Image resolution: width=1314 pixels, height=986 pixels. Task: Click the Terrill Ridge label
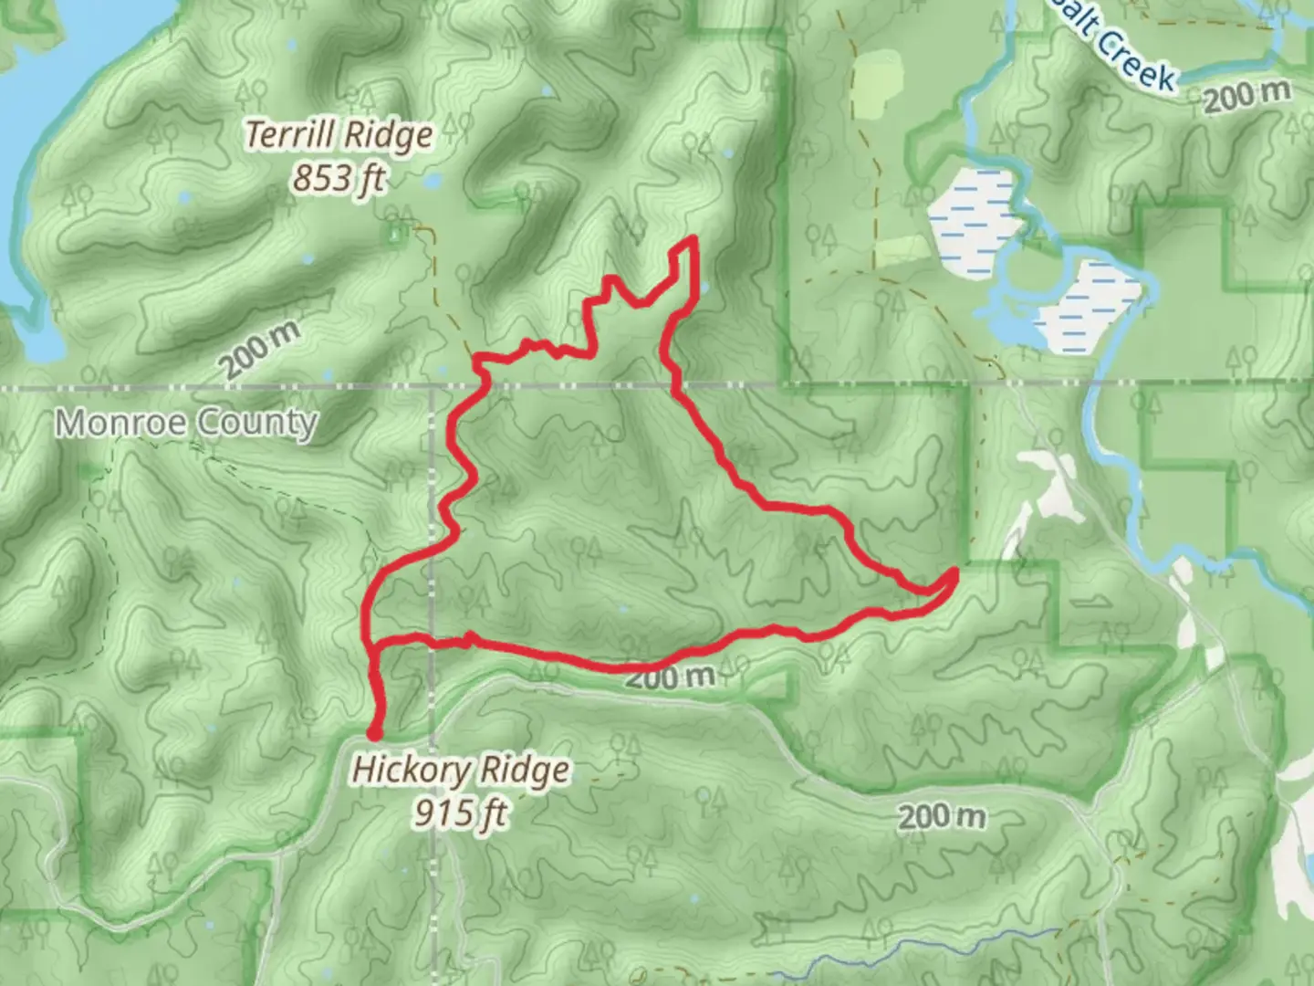pyautogui.click(x=339, y=135)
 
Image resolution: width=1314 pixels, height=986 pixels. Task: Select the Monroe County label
pyautogui.click(x=186, y=424)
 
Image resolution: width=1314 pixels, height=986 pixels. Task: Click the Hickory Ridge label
pyautogui.click(x=461, y=771)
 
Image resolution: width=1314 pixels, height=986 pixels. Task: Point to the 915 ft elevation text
pyautogui.click(x=461, y=811)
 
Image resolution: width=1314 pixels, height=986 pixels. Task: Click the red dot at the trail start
pyautogui.click(x=374, y=732)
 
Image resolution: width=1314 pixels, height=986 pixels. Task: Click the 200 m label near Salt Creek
pyautogui.click(x=1246, y=96)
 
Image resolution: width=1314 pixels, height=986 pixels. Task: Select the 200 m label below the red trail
pyautogui.click(x=670, y=677)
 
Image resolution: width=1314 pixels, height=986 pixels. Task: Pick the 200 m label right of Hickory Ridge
pyautogui.click(x=942, y=815)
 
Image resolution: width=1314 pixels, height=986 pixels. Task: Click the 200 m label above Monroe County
pyautogui.click(x=259, y=351)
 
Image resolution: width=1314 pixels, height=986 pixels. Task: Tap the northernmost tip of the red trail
pyautogui.click(x=693, y=239)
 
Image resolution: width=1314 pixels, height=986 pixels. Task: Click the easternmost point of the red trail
pyautogui.click(x=954, y=572)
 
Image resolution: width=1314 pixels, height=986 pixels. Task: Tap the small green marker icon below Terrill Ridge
pyautogui.click(x=393, y=236)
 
